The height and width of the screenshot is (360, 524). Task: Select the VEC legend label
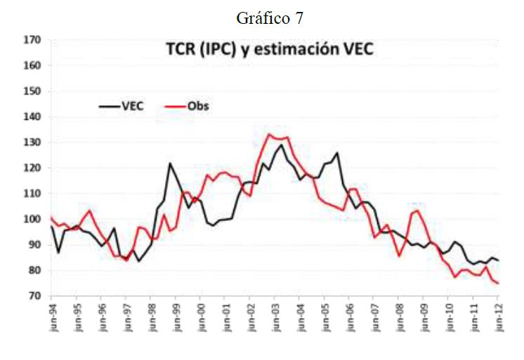pos(132,106)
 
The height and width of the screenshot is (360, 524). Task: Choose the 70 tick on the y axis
pos(33,295)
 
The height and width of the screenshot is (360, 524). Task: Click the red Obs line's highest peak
pos(269,134)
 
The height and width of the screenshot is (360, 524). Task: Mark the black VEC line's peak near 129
pos(282,145)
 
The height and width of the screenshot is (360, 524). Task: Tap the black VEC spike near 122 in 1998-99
pos(170,164)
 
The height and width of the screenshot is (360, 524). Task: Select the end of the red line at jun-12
pos(499,283)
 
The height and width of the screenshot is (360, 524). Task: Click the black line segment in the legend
pos(107,106)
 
